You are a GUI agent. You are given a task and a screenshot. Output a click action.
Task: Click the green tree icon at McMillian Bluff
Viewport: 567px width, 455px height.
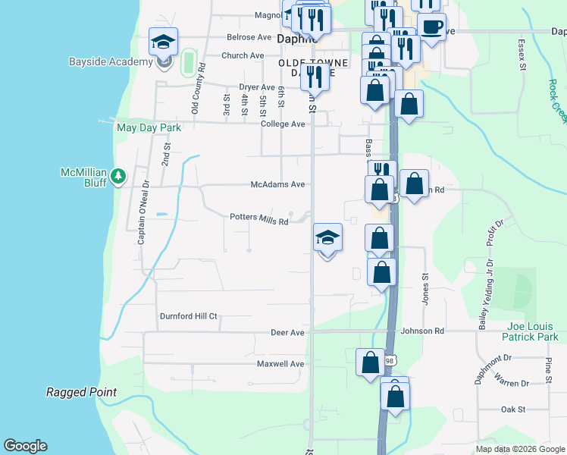click(117, 177)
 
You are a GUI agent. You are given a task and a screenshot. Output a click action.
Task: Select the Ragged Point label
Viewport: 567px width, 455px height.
click(81, 392)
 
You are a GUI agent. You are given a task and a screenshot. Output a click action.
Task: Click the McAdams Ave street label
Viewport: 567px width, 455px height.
click(278, 184)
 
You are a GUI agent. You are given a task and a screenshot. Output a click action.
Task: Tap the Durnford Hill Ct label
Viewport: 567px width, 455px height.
click(188, 316)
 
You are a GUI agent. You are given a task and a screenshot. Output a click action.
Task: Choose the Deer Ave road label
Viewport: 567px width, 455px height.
click(287, 332)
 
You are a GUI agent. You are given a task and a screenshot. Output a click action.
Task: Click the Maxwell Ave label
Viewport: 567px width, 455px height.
click(280, 364)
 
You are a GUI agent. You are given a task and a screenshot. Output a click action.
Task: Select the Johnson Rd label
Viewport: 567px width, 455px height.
click(422, 331)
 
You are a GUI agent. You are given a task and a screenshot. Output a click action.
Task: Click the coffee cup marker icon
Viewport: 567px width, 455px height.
click(432, 26)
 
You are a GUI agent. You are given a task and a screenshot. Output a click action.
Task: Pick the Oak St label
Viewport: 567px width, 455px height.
click(513, 409)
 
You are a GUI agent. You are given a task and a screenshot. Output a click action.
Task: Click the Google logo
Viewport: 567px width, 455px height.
click(25, 446)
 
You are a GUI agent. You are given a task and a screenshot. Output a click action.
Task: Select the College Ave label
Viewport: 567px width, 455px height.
click(283, 124)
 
